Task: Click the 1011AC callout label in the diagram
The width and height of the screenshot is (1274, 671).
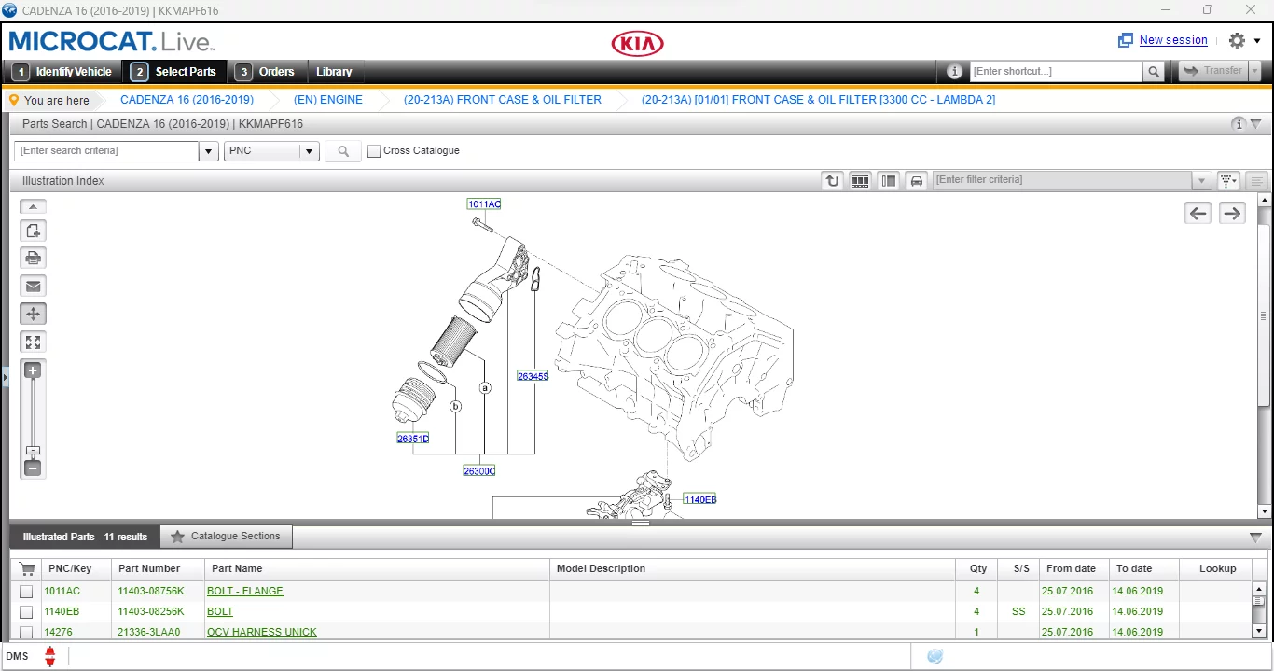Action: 484,204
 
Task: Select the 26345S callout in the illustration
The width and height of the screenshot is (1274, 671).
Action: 533,376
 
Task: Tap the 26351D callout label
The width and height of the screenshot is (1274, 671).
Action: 412,439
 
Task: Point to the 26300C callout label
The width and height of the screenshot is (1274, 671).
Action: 479,471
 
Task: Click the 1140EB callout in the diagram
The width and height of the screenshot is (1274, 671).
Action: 699,499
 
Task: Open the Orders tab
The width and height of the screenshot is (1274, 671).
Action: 267,72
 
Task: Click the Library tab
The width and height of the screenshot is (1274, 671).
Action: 334,72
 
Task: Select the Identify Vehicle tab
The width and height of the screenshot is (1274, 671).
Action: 64,72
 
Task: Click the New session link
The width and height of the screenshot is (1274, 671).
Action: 1172,40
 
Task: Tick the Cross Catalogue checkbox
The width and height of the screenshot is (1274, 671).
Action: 374,151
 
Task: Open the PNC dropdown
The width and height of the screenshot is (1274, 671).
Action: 271,151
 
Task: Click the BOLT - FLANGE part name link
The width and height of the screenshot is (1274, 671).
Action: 244,591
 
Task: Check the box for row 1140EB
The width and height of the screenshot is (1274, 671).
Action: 26,612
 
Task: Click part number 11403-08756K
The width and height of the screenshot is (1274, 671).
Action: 150,591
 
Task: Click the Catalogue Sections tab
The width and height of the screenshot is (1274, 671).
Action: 226,537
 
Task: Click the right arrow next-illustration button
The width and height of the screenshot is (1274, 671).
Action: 1232,213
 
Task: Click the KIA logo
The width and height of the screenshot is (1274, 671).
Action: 637,44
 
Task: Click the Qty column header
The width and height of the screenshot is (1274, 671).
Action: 977,568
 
